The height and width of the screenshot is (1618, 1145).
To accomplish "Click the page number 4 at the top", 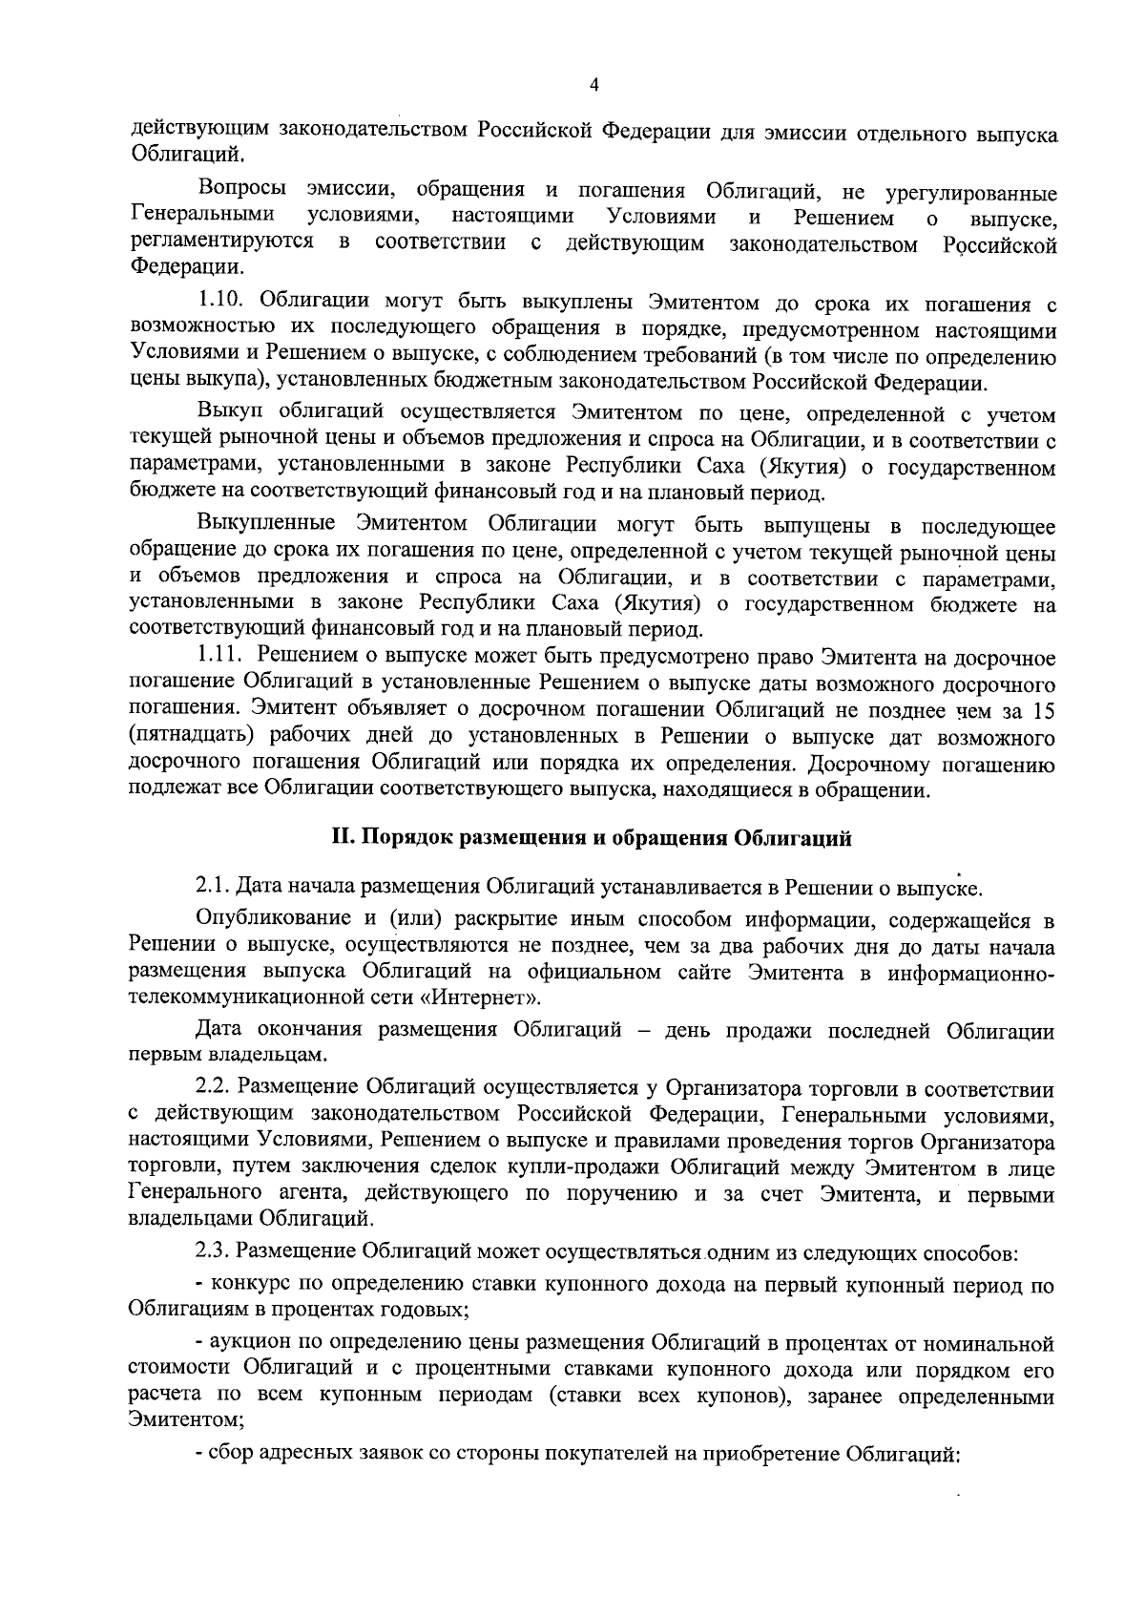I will pos(594,85).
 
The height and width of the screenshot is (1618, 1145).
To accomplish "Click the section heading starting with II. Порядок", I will pos(591,838).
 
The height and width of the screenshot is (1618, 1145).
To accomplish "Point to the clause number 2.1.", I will pos(212,887).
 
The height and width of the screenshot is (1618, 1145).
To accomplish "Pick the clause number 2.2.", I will pos(212,1088).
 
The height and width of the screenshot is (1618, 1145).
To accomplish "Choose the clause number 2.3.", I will pos(212,1251).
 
